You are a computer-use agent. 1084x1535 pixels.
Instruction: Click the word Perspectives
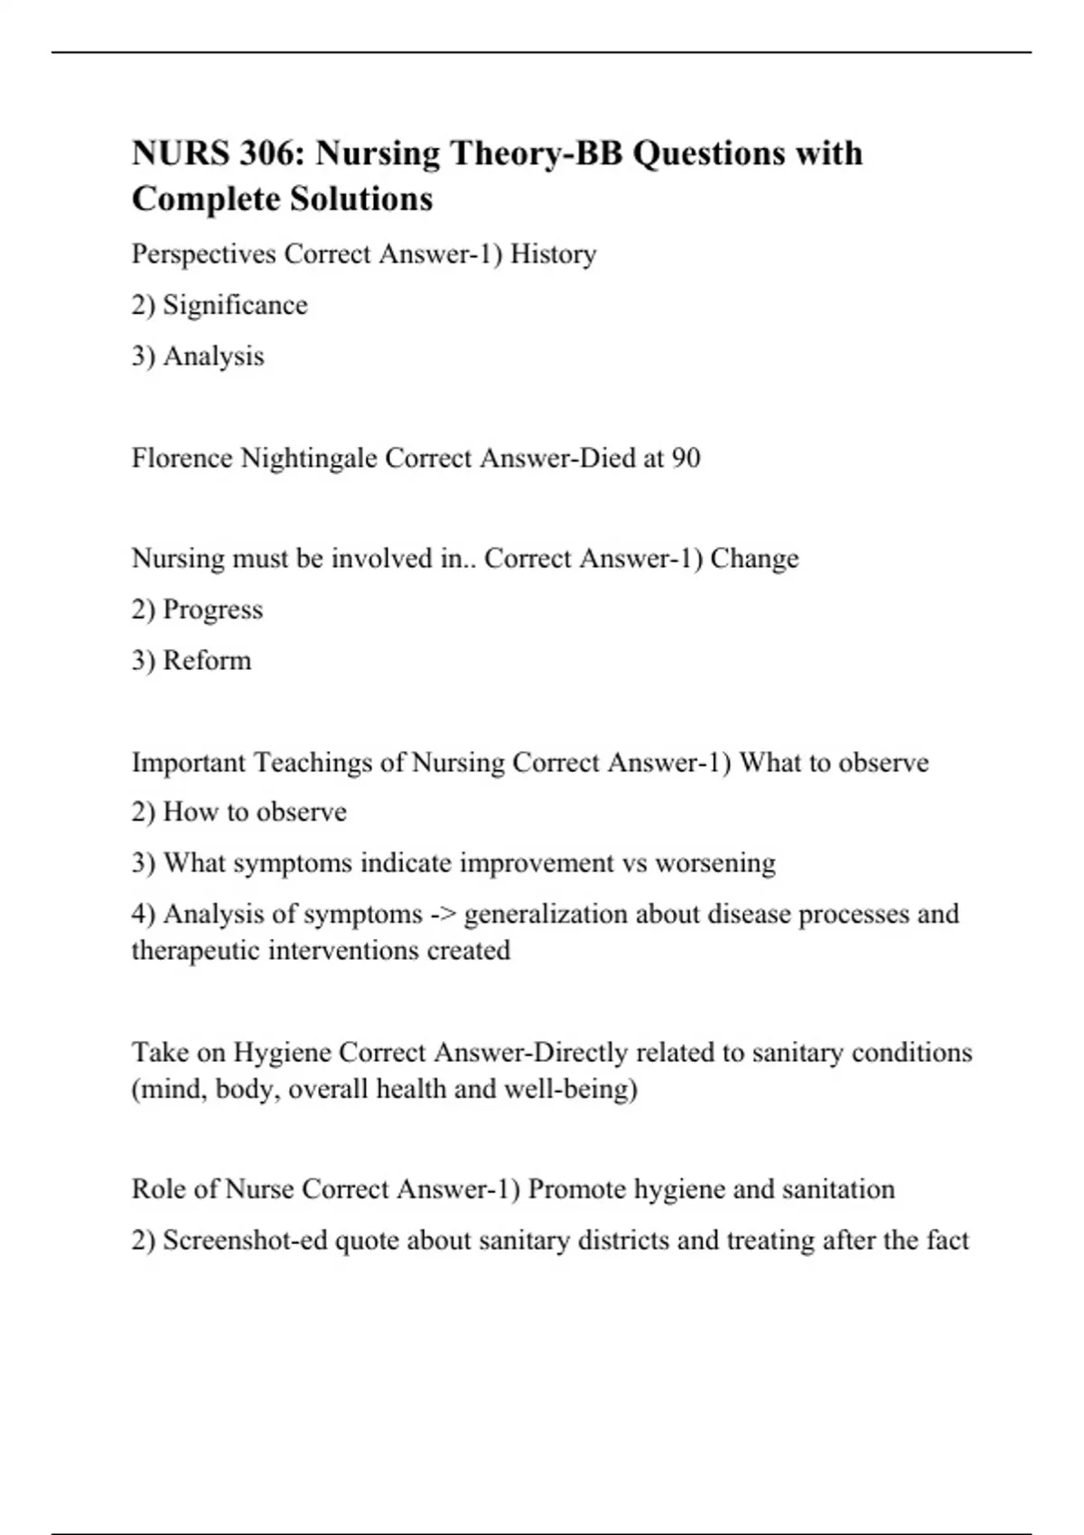(x=203, y=255)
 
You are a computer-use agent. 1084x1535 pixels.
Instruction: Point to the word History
(x=553, y=255)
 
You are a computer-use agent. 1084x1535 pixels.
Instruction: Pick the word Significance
(x=235, y=305)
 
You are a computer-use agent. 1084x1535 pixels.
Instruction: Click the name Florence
(x=182, y=459)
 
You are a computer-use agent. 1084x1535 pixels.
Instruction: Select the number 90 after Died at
(x=686, y=459)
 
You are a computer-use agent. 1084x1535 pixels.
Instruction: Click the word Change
(x=754, y=559)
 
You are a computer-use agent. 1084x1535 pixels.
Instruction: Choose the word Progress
(x=212, y=609)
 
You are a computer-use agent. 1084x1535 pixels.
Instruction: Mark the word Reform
(x=207, y=661)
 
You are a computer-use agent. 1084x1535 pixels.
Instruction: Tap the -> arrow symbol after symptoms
(x=443, y=915)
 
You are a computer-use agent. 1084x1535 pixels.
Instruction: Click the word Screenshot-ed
(x=245, y=1241)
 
